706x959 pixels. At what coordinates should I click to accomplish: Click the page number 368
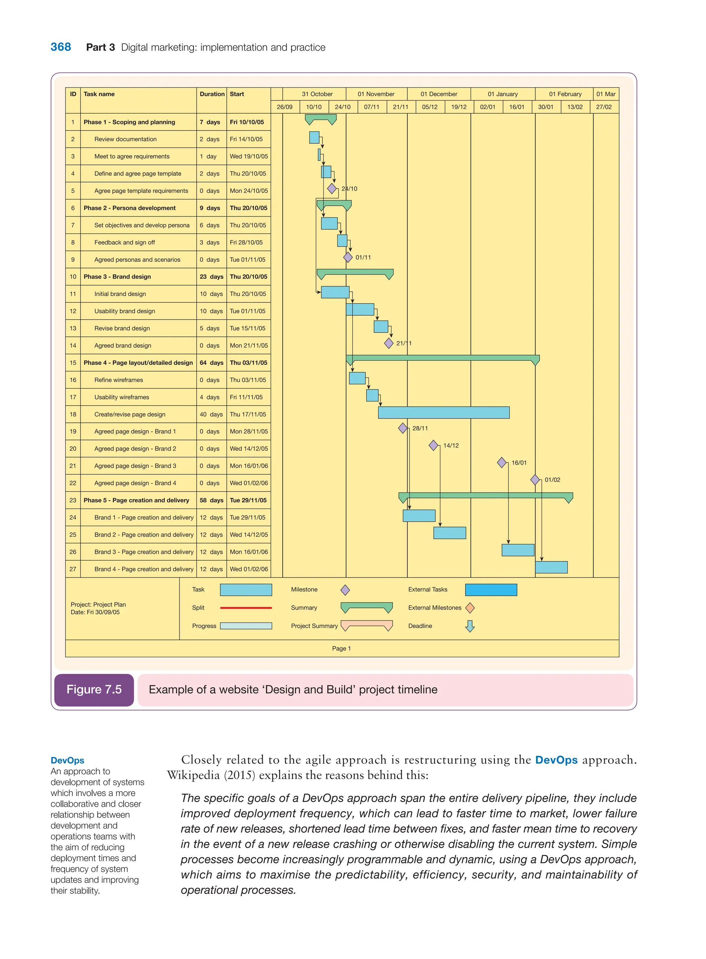(x=61, y=47)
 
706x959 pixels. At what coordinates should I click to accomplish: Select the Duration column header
(x=212, y=94)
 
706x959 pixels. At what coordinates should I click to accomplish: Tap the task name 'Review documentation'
(x=125, y=139)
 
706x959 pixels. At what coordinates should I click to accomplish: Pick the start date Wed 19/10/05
(x=249, y=156)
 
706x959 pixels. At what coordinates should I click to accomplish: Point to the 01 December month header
(x=438, y=94)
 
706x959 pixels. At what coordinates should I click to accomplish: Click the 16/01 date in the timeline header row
(x=516, y=107)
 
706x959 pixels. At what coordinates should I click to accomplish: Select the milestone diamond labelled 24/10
(x=332, y=188)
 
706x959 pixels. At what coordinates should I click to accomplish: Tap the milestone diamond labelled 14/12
(x=433, y=446)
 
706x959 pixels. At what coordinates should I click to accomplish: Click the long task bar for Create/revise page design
(x=443, y=412)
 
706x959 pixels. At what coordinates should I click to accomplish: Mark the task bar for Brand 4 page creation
(x=551, y=567)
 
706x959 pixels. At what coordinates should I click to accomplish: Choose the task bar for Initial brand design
(x=335, y=292)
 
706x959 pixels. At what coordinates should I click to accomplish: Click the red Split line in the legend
(x=246, y=608)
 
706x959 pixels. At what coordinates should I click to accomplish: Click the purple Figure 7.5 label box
(x=94, y=690)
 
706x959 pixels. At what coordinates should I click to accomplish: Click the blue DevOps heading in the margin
(x=67, y=761)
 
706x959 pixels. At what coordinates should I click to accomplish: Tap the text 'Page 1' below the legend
(x=341, y=649)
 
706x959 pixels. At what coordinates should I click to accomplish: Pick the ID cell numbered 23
(x=73, y=500)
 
